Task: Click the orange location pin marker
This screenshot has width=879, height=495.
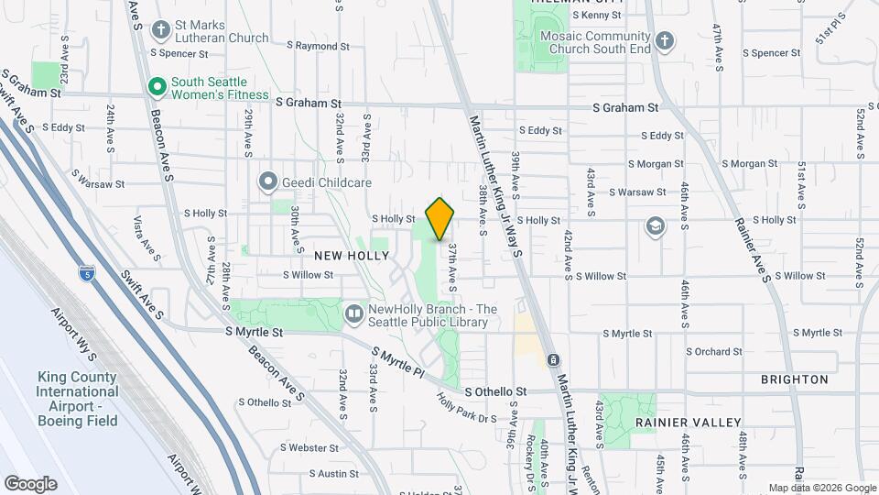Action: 440,218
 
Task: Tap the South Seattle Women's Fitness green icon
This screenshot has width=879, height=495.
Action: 157,87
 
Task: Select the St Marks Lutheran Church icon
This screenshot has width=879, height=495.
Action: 161,30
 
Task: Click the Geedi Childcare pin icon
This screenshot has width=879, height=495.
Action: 267,181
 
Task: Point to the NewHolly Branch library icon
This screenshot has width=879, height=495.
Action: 354,315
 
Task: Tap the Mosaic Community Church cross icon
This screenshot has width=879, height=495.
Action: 665,41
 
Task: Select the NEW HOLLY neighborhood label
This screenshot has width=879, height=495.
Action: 352,255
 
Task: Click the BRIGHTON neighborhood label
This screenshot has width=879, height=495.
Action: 794,379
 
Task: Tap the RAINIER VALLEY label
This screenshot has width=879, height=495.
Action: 688,422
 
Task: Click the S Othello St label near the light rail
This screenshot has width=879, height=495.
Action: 495,391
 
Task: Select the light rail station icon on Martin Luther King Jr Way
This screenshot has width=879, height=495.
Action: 552,359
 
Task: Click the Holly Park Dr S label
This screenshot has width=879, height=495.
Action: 467,409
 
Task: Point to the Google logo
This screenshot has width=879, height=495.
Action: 30,484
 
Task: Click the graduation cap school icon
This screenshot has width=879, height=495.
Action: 656,225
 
